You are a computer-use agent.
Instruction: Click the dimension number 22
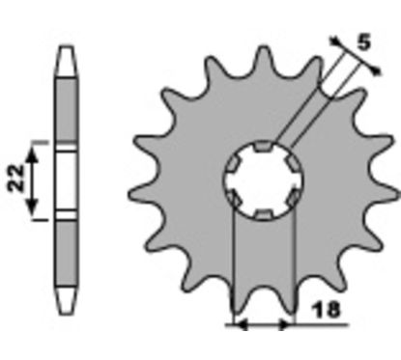click(x=16, y=179)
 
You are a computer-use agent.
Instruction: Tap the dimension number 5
click(x=363, y=42)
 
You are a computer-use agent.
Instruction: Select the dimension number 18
click(x=326, y=310)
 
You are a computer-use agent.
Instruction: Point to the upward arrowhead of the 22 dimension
click(x=32, y=155)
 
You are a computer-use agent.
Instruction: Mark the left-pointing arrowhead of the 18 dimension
click(x=241, y=325)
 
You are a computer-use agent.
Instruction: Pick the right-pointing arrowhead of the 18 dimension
click(x=286, y=325)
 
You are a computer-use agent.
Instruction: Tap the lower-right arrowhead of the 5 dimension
click(x=375, y=69)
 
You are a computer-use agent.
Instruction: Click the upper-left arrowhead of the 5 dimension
click(x=334, y=41)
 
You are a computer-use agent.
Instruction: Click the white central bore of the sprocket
click(x=264, y=180)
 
